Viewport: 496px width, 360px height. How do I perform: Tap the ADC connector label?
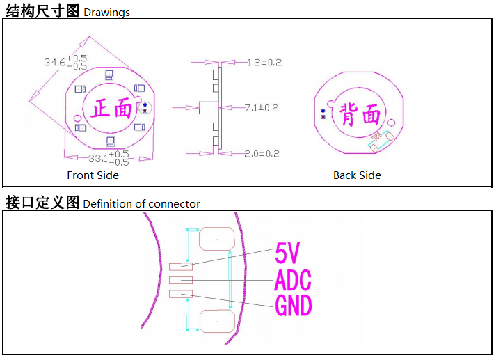(293, 280)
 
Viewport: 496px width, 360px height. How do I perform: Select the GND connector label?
(293, 305)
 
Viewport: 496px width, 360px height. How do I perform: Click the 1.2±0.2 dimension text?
(264, 62)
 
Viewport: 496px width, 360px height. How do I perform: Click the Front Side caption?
(93, 175)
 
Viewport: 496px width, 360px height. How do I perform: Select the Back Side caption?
(357, 175)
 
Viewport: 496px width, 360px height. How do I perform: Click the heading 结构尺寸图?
(42, 10)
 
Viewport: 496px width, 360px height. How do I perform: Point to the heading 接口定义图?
(42, 203)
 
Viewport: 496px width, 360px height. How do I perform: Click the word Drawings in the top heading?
(106, 13)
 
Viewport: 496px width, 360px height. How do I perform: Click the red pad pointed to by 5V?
(180, 266)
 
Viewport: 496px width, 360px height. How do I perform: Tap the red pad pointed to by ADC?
(180, 280)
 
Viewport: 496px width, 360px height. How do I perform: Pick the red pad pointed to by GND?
(180, 294)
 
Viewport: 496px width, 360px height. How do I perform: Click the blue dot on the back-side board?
(323, 111)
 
